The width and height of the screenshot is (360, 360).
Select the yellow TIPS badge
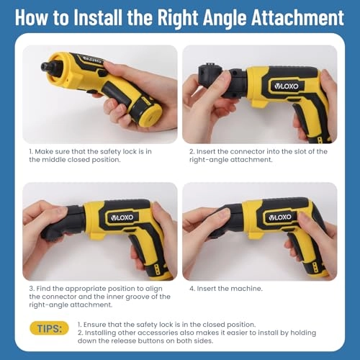coord(49,328)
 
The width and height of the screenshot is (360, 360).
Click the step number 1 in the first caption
coord(31,151)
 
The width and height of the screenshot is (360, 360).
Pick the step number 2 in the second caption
coord(192,151)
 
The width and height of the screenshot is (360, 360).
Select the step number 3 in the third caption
coord(31,288)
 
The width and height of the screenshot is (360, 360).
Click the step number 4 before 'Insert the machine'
coord(192,288)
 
